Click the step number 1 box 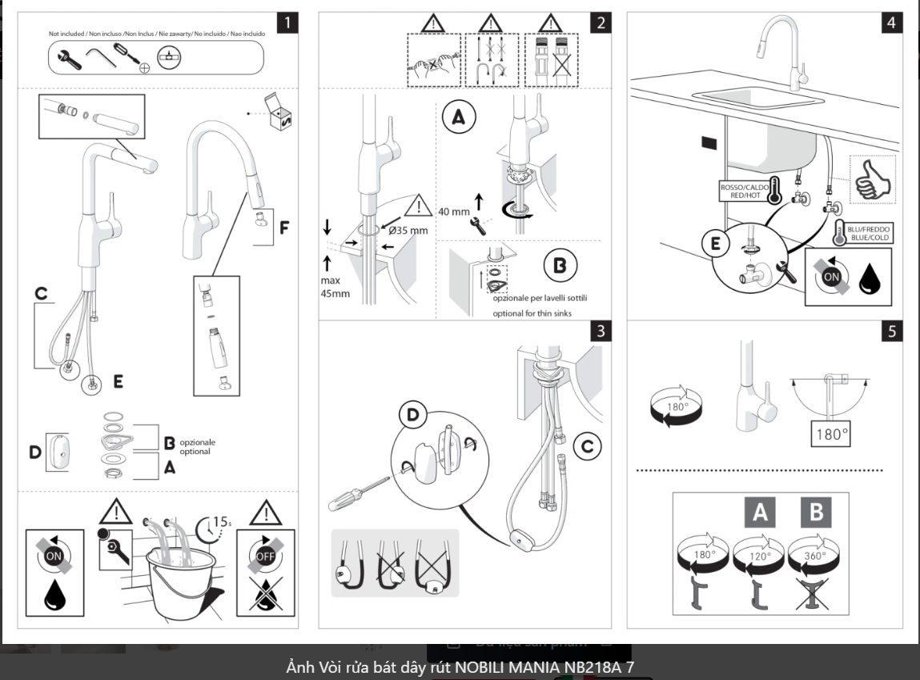287,22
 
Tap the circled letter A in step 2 458,118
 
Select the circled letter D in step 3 413,416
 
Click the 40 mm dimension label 453,212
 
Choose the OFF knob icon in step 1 265,552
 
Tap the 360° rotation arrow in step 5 814,555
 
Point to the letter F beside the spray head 284,228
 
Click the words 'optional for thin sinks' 532,313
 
